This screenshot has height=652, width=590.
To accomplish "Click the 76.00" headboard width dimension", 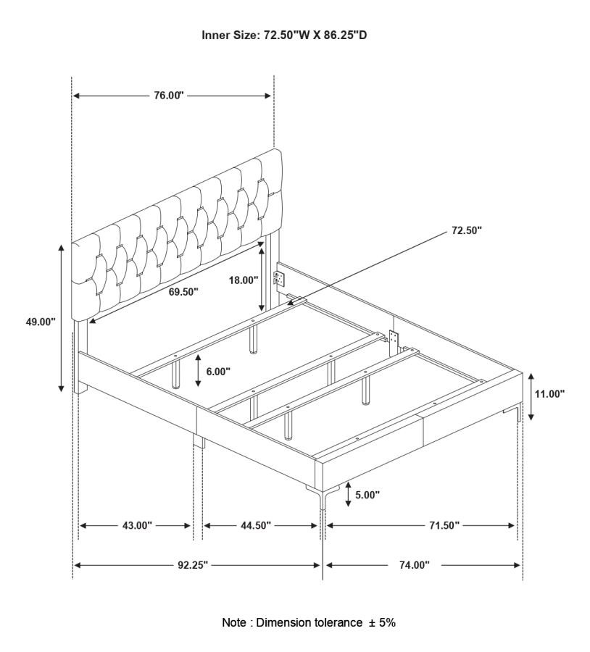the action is point(169,96).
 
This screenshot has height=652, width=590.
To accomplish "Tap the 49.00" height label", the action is point(41,322).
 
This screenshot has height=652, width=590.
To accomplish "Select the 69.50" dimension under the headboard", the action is point(183,292).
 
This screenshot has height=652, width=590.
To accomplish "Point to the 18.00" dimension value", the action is point(244,280).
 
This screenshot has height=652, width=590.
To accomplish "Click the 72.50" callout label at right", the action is point(467,230).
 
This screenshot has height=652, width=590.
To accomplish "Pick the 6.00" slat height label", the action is point(218,372).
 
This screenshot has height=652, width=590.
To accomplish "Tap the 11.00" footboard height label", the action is point(549,393).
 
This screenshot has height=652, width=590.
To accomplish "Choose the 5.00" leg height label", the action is point(367,495).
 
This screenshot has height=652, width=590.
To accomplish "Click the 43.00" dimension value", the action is point(137,526).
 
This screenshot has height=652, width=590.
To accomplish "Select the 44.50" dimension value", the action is point(256,526).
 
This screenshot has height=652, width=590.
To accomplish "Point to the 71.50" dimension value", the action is point(444,526).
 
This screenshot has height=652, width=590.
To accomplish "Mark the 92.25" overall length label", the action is point(193,565).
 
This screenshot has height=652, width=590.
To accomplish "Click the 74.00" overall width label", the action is point(415,565).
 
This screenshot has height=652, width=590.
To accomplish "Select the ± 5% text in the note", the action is point(382,622).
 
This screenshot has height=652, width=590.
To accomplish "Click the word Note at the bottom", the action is point(234,622).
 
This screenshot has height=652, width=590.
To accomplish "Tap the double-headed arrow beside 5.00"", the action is point(348,495).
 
